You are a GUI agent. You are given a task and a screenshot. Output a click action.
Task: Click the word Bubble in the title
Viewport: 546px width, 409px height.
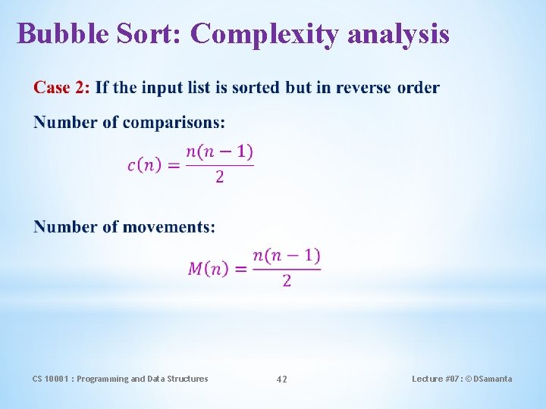click(64, 34)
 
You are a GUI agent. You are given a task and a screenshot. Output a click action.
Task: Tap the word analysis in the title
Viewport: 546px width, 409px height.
click(402, 34)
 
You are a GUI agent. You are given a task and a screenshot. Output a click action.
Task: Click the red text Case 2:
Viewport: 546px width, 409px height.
click(61, 88)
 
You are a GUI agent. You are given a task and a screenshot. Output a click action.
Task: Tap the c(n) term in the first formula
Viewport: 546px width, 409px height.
click(144, 165)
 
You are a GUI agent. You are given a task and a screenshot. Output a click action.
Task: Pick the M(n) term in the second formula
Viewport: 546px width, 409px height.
click(208, 269)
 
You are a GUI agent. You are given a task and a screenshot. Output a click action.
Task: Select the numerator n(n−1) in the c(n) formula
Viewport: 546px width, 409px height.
click(220, 151)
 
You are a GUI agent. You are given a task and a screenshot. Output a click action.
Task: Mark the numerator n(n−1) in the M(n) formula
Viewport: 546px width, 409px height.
click(287, 255)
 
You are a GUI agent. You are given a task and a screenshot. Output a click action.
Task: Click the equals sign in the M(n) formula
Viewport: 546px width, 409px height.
click(241, 269)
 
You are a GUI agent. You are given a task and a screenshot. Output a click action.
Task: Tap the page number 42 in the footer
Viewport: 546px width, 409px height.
click(281, 379)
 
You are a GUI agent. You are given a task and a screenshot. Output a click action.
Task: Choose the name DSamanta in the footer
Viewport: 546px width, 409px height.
click(492, 379)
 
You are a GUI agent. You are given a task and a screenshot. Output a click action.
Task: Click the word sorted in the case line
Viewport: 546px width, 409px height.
click(257, 88)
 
